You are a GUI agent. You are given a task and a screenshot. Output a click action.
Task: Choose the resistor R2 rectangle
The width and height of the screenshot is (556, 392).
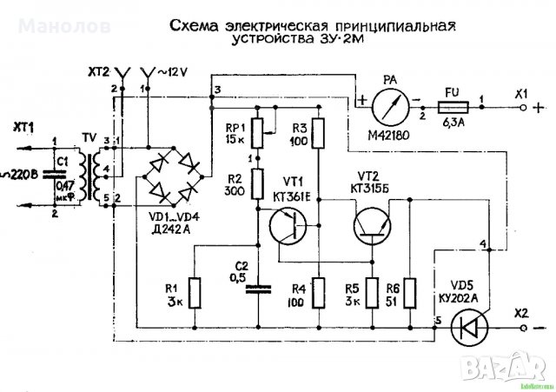pyautogui.click(x=257, y=183)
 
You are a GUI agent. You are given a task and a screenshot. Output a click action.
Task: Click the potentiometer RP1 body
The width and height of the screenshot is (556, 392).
pyautogui.click(x=257, y=133)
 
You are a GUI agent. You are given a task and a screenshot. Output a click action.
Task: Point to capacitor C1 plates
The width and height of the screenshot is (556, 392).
pyautogui.click(x=62, y=173)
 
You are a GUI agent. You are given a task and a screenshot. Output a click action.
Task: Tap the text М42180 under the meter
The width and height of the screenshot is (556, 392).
pyautogui.click(x=387, y=134)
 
